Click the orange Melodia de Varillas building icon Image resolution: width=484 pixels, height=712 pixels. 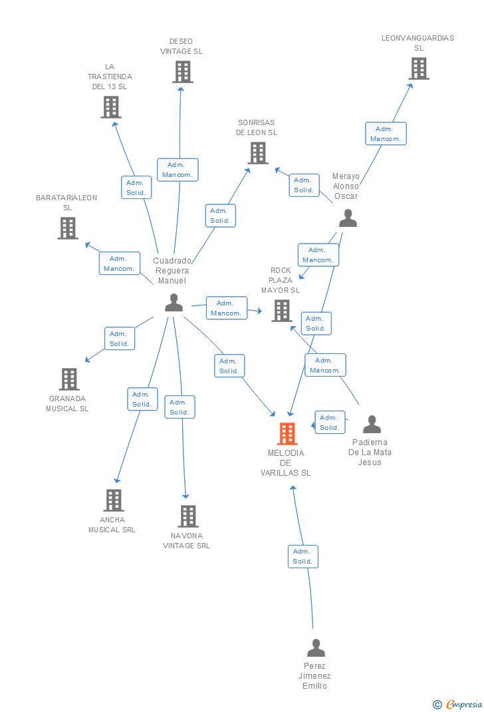[287, 434]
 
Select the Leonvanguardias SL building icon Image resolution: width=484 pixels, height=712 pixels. [419, 69]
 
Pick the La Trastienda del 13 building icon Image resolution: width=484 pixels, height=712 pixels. [111, 107]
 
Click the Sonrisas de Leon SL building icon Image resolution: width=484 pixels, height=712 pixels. [258, 153]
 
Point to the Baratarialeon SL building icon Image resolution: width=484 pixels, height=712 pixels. [68, 228]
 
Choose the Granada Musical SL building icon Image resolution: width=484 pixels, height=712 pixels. [69, 379]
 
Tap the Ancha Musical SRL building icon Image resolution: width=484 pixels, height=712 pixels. [114, 500]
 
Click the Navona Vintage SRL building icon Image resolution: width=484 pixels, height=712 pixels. [187, 516]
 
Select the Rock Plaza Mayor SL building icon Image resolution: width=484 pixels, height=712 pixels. [282, 311]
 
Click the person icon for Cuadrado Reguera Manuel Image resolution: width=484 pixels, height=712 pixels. [174, 302]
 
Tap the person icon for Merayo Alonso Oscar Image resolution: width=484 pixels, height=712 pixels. [348, 218]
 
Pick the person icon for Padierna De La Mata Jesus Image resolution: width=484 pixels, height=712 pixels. [372, 424]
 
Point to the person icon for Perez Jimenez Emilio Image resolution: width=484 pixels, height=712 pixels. [316, 648]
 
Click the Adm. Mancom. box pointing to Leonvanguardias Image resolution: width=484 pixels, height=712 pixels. [386, 134]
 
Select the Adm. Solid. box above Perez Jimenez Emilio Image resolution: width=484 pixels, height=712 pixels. [303, 556]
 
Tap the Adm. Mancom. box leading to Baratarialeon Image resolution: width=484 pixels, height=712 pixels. [119, 264]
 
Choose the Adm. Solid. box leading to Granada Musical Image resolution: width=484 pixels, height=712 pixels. [119, 338]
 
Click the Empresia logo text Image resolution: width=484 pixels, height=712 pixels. [464, 704]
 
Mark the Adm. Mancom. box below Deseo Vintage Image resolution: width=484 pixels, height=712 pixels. [178, 170]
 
